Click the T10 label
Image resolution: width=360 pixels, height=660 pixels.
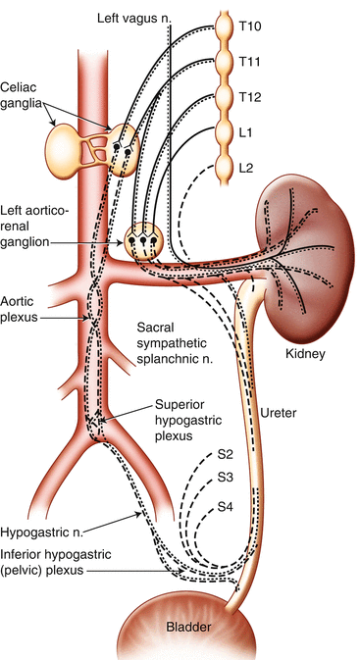click(x=250, y=26)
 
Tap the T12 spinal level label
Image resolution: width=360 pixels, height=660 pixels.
click(x=250, y=97)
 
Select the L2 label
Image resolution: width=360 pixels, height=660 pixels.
click(x=246, y=169)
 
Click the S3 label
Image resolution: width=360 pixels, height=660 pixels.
click(x=226, y=478)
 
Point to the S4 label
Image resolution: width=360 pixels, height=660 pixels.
click(x=226, y=507)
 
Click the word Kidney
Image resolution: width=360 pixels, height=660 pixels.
click(x=305, y=354)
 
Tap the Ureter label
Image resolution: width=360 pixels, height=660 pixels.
click(x=278, y=413)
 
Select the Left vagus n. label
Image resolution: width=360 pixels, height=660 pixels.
click(x=134, y=18)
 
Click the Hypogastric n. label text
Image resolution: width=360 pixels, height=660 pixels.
click(x=41, y=531)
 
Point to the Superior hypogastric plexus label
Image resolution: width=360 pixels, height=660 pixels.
click(x=181, y=420)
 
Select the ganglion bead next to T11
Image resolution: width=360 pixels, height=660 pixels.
click(x=224, y=62)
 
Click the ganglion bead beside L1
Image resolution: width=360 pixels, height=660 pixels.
click(x=224, y=132)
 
